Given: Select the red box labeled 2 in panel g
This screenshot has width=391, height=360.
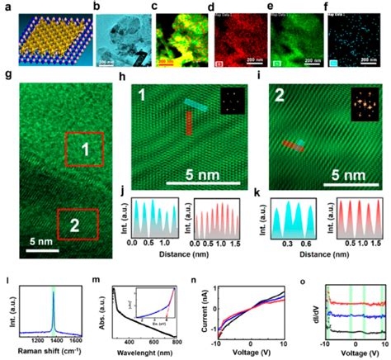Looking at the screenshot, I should click(x=78, y=222).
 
